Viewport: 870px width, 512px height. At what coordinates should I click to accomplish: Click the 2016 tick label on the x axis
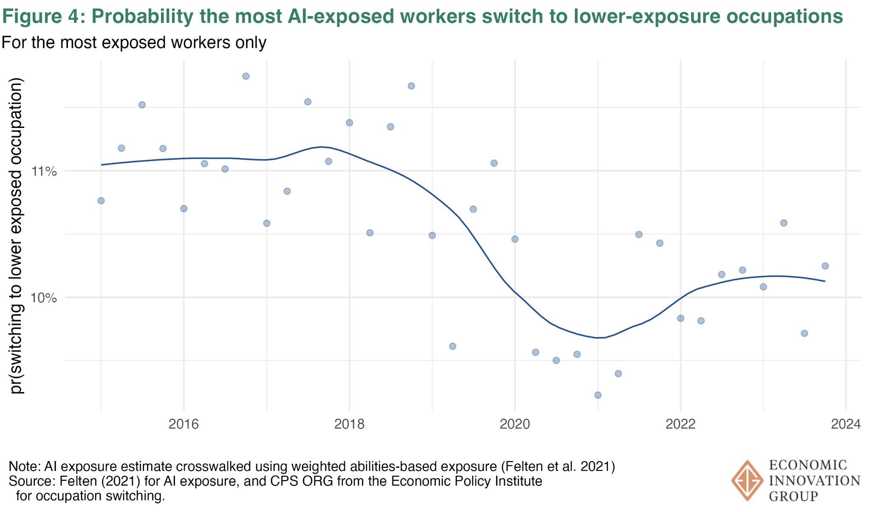click(x=184, y=424)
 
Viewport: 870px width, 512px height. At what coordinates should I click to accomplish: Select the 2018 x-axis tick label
click(x=349, y=424)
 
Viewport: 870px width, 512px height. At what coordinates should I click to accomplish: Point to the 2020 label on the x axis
click(x=515, y=424)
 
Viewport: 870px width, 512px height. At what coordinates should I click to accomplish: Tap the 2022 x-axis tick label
click(x=681, y=424)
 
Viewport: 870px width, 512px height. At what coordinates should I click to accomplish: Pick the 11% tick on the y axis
click(x=44, y=172)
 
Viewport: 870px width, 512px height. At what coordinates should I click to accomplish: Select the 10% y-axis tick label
click(x=44, y=298)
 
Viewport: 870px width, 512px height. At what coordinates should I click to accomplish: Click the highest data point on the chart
click(x=246, y=76)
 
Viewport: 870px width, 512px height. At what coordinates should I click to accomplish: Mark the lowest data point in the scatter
click(x=598, y=395)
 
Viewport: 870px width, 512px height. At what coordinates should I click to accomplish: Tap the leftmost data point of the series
click(x=101, y=201)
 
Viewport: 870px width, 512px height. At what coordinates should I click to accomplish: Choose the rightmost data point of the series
click(x=825, y=266)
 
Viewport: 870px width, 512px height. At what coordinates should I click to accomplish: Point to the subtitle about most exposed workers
click(x=134, y=42)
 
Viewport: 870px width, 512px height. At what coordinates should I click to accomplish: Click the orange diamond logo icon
click(x=747, y=480)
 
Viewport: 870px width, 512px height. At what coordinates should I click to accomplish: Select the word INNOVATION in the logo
click(x=814, y=481)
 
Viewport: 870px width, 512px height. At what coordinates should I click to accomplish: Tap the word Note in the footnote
click(x=23, y=466)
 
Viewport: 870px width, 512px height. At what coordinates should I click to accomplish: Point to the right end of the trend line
click(x=825, y=281)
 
